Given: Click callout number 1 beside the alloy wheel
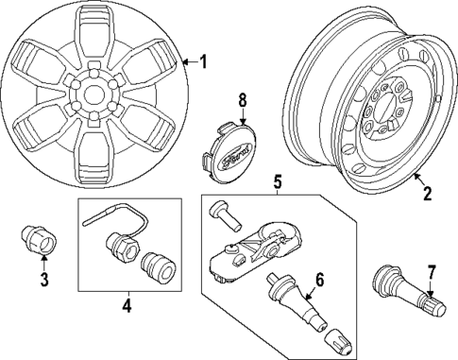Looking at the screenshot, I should pyautogui.click(x=202, y=62).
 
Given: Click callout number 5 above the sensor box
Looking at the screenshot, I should pyautogui.click(x=277, y=180).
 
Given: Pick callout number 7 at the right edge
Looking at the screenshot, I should pyautogui.click(x=432, y=273).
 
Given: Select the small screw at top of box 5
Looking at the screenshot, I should pyautogui.click(x=224, y=213).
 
